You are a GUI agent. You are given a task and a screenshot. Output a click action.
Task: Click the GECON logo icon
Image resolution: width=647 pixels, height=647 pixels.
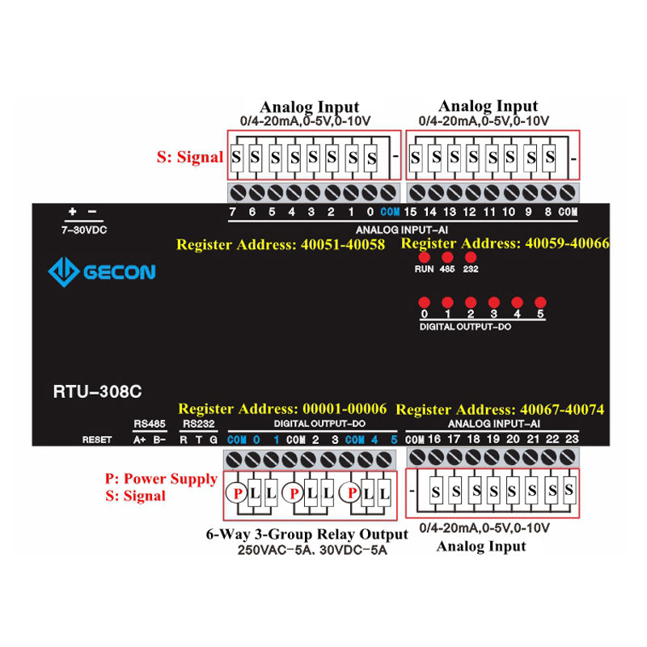click(63, 271)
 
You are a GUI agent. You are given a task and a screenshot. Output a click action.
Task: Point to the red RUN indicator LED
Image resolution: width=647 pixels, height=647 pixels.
click(423, 257)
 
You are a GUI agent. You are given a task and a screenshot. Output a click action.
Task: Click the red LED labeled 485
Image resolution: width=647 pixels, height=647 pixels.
click(446, 257)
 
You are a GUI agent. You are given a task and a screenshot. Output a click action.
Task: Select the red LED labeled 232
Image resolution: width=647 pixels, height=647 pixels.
click(470, 257)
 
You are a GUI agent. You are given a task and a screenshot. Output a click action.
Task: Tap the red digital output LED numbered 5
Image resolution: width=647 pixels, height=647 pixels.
click(540, 300)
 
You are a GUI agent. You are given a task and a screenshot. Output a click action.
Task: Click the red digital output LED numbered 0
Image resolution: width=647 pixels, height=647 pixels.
click(423, 300)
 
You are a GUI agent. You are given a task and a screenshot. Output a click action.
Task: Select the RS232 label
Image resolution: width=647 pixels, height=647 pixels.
click(199, 423)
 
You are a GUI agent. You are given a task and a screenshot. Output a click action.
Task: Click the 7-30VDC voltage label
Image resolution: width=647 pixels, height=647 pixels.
click(84, 230)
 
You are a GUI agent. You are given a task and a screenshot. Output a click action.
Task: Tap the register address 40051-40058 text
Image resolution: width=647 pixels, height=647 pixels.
click(281, 243)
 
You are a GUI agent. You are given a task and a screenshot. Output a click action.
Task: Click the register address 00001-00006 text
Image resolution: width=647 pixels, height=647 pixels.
click(282, 409)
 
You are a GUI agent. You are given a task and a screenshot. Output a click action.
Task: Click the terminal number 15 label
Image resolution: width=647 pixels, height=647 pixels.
click(411, 212)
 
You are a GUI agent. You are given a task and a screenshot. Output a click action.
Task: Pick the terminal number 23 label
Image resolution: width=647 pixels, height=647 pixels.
click(572, 439)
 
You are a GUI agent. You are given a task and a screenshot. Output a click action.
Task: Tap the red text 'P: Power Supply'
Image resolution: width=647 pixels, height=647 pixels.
click(161, 479)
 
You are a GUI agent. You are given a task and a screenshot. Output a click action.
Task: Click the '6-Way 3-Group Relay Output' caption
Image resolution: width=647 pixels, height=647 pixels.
click(308, 535)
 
